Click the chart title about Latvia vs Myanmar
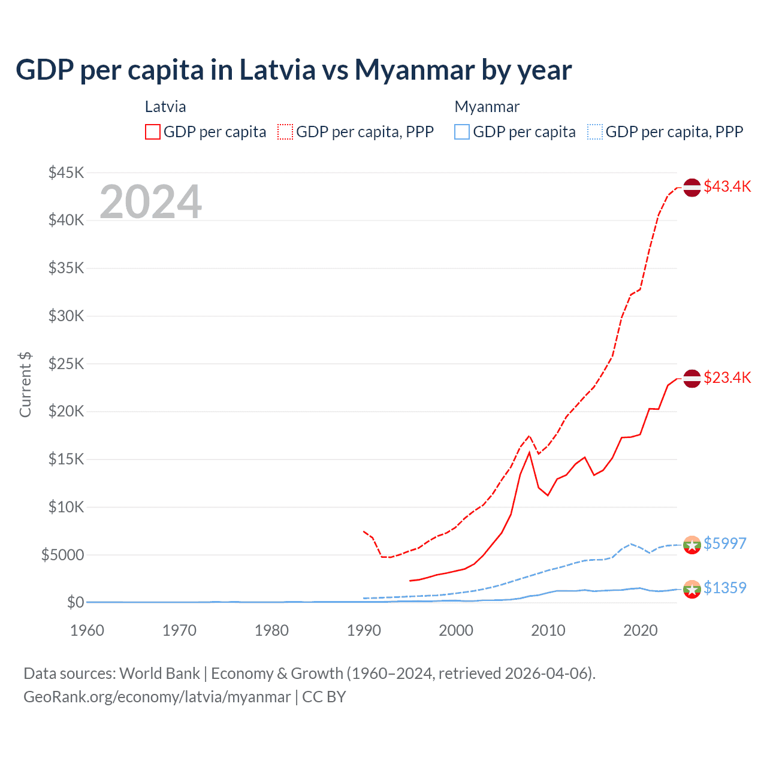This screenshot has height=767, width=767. [294, 70]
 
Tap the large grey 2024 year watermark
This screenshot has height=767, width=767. [150, 202]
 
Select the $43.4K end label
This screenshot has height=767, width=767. [727, 186]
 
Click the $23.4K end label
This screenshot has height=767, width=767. [727, 378]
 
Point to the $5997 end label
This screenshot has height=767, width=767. [724, 543]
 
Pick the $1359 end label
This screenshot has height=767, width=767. [724, 588]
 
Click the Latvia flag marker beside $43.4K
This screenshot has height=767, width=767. [692, 188]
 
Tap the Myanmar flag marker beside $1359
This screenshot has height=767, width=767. [692, 589]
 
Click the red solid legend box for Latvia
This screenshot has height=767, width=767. [153, 132]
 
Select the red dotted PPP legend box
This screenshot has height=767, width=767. [285, 132]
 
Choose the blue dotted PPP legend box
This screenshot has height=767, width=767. [595, 132]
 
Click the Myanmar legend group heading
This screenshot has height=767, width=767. [487, 107]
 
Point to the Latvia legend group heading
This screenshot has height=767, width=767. [165, 107]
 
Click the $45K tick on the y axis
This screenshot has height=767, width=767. [67, 173]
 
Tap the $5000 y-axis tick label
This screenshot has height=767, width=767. [62, 555]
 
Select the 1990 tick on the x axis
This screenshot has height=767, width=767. [364, 630]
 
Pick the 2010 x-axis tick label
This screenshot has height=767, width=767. [548, 630]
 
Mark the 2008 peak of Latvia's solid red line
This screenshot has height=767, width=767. [529, 452]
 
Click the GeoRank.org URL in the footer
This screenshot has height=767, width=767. [157, 697]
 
